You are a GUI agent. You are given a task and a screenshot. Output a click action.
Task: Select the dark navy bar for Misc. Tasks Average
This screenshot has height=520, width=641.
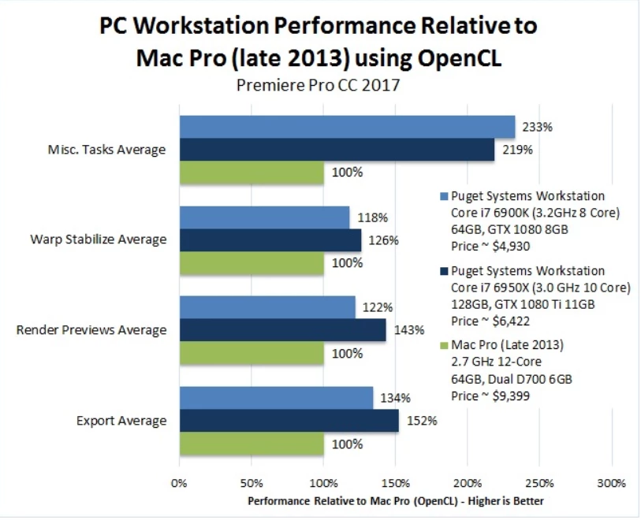click(337, 150)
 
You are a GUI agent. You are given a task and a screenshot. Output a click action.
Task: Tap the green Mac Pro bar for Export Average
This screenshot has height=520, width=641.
click(252, 444)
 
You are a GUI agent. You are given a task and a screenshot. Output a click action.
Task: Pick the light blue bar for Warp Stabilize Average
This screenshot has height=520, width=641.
click(264, 217)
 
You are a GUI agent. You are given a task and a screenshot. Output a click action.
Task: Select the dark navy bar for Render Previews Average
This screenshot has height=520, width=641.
click(282, 330)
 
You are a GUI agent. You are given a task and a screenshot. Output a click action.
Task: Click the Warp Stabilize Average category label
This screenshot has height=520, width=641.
click(98, 240)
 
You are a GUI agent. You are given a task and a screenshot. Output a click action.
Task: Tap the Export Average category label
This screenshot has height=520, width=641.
click(121, 421)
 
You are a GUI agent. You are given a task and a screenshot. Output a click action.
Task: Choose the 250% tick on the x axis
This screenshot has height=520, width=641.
click(539, 483)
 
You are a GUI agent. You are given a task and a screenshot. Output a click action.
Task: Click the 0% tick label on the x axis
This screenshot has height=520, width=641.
click(179, 483)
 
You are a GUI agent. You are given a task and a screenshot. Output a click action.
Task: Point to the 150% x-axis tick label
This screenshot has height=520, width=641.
click(395, 483)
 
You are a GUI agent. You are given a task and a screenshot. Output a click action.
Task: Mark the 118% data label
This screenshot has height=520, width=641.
click(372, 217)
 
